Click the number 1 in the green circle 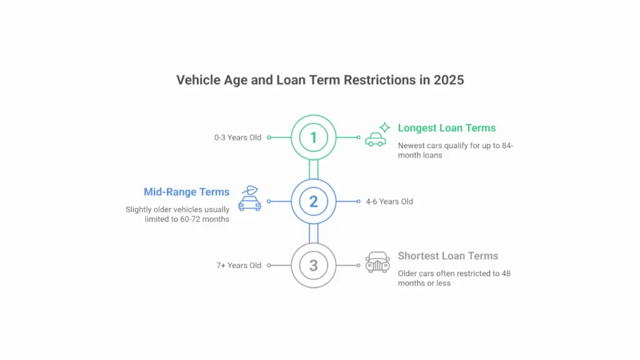314,137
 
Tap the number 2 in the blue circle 314,202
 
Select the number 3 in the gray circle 314,266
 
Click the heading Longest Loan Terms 446,128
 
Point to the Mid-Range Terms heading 186,192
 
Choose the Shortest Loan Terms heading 447,256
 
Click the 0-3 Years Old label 237,137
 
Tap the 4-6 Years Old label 389,202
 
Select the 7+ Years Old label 239,266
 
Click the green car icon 376,139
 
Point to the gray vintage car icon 377,262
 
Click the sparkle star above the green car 384,127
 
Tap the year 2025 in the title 449,80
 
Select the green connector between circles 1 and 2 314,169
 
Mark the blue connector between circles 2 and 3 314,234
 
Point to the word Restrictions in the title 379,80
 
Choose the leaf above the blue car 250,190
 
